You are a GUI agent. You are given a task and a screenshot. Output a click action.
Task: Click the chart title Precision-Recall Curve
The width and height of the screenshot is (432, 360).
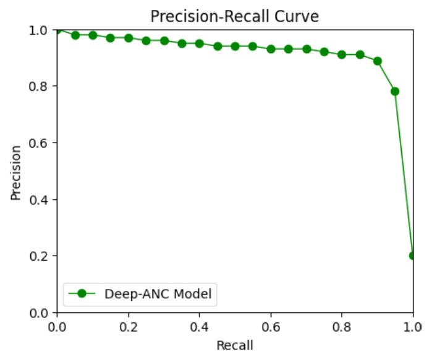point(235,17)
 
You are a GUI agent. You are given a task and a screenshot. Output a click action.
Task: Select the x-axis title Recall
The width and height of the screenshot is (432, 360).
point(235,345)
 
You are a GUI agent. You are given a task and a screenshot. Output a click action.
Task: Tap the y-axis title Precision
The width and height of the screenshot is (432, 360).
point(17,172)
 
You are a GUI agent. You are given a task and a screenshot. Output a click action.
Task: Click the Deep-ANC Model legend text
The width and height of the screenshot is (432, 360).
point(158,294)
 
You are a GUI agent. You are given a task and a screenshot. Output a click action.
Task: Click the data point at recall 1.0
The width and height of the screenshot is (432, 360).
point(413,256)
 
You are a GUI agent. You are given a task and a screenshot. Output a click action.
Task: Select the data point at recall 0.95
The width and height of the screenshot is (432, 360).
point(395,91)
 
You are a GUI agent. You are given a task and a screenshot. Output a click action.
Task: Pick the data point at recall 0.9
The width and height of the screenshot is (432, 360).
point(377,61)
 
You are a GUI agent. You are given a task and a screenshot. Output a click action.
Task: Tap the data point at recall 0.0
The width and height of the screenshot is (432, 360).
point(57,30)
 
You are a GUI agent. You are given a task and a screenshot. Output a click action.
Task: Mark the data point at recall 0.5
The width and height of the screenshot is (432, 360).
point(235,46)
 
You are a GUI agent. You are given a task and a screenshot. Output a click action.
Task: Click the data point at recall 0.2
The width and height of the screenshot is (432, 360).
point(129,38)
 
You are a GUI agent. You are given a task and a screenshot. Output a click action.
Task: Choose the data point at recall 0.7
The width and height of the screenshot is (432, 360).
point(307,49)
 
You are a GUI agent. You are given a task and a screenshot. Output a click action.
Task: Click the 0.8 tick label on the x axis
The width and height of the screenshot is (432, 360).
point(342,324)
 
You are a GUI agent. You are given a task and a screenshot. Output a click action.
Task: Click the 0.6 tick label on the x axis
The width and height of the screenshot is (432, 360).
point(271,324)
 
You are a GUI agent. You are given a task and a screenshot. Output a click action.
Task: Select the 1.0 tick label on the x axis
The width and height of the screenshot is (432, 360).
point(412,324)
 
